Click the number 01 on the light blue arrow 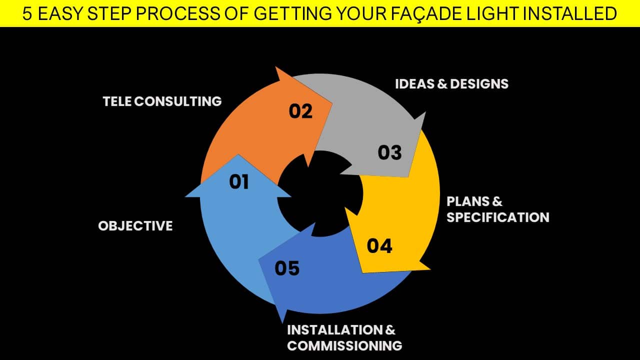click(239, 182)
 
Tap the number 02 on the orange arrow click(300, 111)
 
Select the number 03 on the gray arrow click(389, 152)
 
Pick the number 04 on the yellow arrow click(379, 246)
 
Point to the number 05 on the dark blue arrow click(287, 268)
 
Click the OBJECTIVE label click(135, 226)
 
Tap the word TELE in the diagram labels click(117, 101)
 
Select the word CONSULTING click(177, 101)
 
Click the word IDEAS click(414, 84)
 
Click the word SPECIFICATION click(498, 217)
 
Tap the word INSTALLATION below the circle click(335, 330)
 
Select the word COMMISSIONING click(344, 346)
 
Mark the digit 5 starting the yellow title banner click(27, 13)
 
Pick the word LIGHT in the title click(491, 13)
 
